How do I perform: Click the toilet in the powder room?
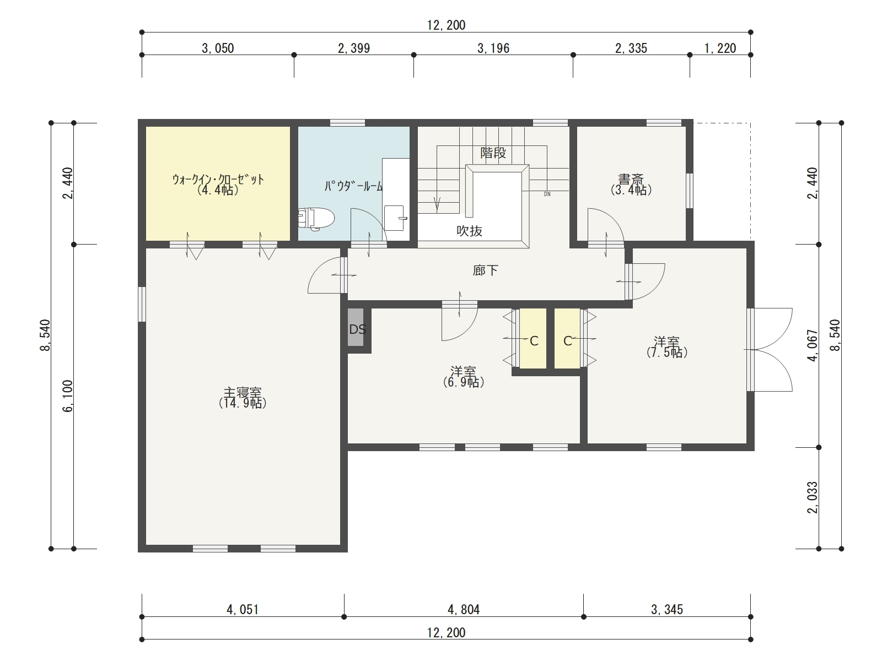coord(316,219)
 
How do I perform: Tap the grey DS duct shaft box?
coord(356,327)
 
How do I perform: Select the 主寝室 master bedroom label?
coord(243,392)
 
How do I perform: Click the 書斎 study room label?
coord(631,179)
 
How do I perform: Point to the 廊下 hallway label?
coord(486,270)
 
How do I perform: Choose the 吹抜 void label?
coord(469,231)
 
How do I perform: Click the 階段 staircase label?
coord(493,153)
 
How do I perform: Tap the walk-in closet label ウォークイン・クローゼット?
coord(218,179)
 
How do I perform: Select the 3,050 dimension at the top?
coord(218,48)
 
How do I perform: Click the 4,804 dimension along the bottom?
coord(464,610)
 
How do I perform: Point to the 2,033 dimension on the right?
coord(812,497)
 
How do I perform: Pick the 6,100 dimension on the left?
coord(67,395)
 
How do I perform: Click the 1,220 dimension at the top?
coord(720,48)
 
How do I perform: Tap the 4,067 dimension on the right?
coord(812,345)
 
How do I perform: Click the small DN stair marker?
coord(547,194)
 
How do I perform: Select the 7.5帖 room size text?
coord(667,353)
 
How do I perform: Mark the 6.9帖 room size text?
coord(464,382)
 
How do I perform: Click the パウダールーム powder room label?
coord(353,186)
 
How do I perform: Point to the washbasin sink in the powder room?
coord(394,218)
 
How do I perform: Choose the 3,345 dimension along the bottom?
coord(667,610)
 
